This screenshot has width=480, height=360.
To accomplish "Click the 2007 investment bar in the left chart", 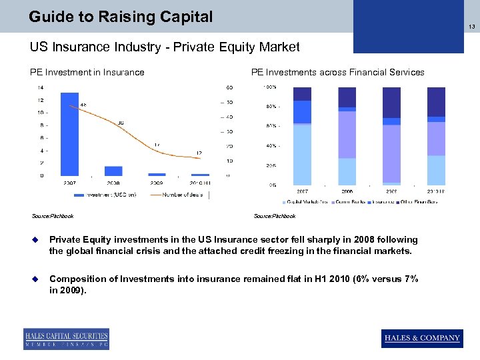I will pyautogui.click(x=69, y=133).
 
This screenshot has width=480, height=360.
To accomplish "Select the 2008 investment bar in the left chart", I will pyautogui.click(x=113, y=171).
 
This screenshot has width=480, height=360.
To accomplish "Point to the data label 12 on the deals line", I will pyautogui.click(x=199, y=153).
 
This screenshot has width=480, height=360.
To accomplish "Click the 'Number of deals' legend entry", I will pyautogui.click(x=182, y=195).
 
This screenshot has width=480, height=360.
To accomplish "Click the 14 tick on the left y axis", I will pyautogui.click(x=41, y=87).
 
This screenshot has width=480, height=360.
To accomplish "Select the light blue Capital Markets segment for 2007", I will pyautogui.click(x=302, y=155).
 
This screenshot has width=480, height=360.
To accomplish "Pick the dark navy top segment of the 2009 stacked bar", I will pyautogui.click(x=391, y=103).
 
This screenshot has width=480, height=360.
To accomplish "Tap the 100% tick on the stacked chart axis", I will pyautogui.click(x=271, y=87).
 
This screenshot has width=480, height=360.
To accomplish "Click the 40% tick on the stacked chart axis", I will pyautogui.click(x=271, y=145).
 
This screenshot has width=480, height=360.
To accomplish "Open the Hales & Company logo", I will pyautogui.click(x=421, y=338).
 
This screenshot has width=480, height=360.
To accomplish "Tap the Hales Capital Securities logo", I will pyautogui.click(x=66, y=339).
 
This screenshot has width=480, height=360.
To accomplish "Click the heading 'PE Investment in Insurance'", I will pyautogui.click(x=87, y=72).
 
